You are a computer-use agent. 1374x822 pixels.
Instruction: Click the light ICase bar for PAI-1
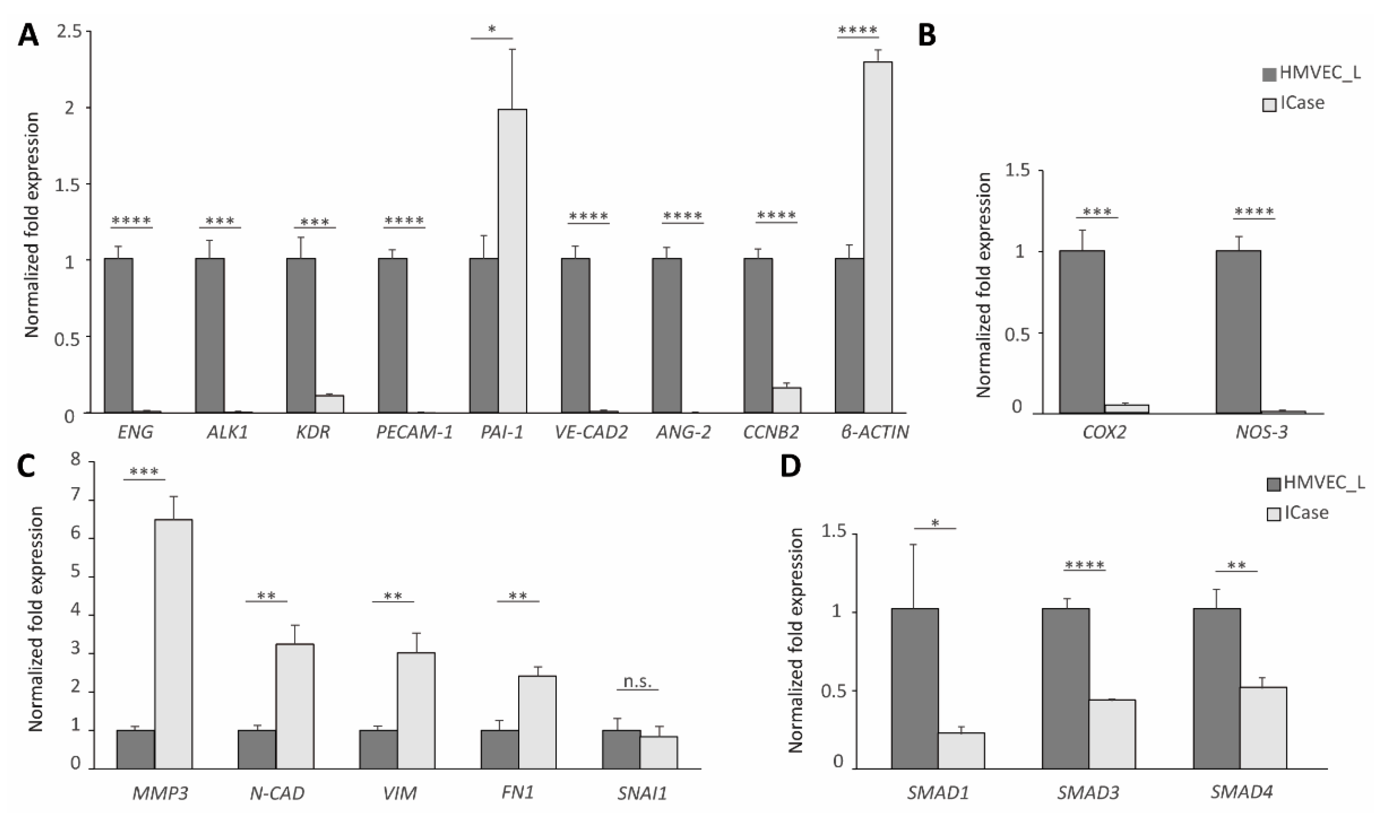(x=512, y=261)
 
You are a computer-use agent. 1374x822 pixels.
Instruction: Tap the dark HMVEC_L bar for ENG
(x=118, y=336)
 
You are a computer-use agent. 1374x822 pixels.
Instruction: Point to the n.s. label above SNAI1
(x=637, y=681)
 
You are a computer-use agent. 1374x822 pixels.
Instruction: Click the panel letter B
(x=927, y=36)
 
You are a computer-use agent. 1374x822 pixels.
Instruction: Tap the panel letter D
(x=790, y=467)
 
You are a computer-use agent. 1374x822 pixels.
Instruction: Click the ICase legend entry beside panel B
(x=1294, y=103)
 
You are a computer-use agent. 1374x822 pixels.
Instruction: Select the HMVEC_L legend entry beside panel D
(x=1316, y=483)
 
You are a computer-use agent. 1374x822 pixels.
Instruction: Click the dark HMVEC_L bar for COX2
(x=1082, y=332)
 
